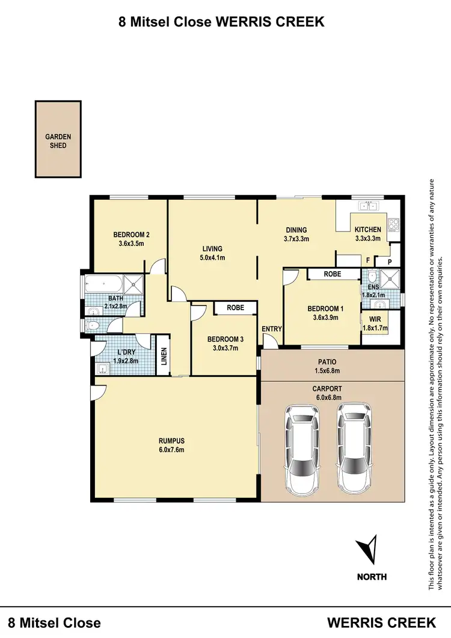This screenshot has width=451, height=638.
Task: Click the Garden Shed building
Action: tap(58, 140)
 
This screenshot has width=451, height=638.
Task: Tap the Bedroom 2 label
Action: tap(131, 235)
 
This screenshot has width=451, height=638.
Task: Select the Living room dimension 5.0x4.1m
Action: tap(212, 258)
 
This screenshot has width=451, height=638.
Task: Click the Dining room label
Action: tap(296, 230)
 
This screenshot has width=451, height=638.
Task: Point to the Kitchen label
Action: tap(367, 230)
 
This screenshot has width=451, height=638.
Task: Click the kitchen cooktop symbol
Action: tap(394, 224)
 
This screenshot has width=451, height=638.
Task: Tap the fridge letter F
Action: tap(367, 262)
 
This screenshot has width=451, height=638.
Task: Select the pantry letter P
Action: tap(390, 262)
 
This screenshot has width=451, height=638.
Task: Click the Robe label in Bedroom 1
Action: tap(333, 274)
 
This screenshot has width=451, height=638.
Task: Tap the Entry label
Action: tap(271, 329)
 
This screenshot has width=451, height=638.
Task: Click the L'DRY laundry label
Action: tap(125, 352)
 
